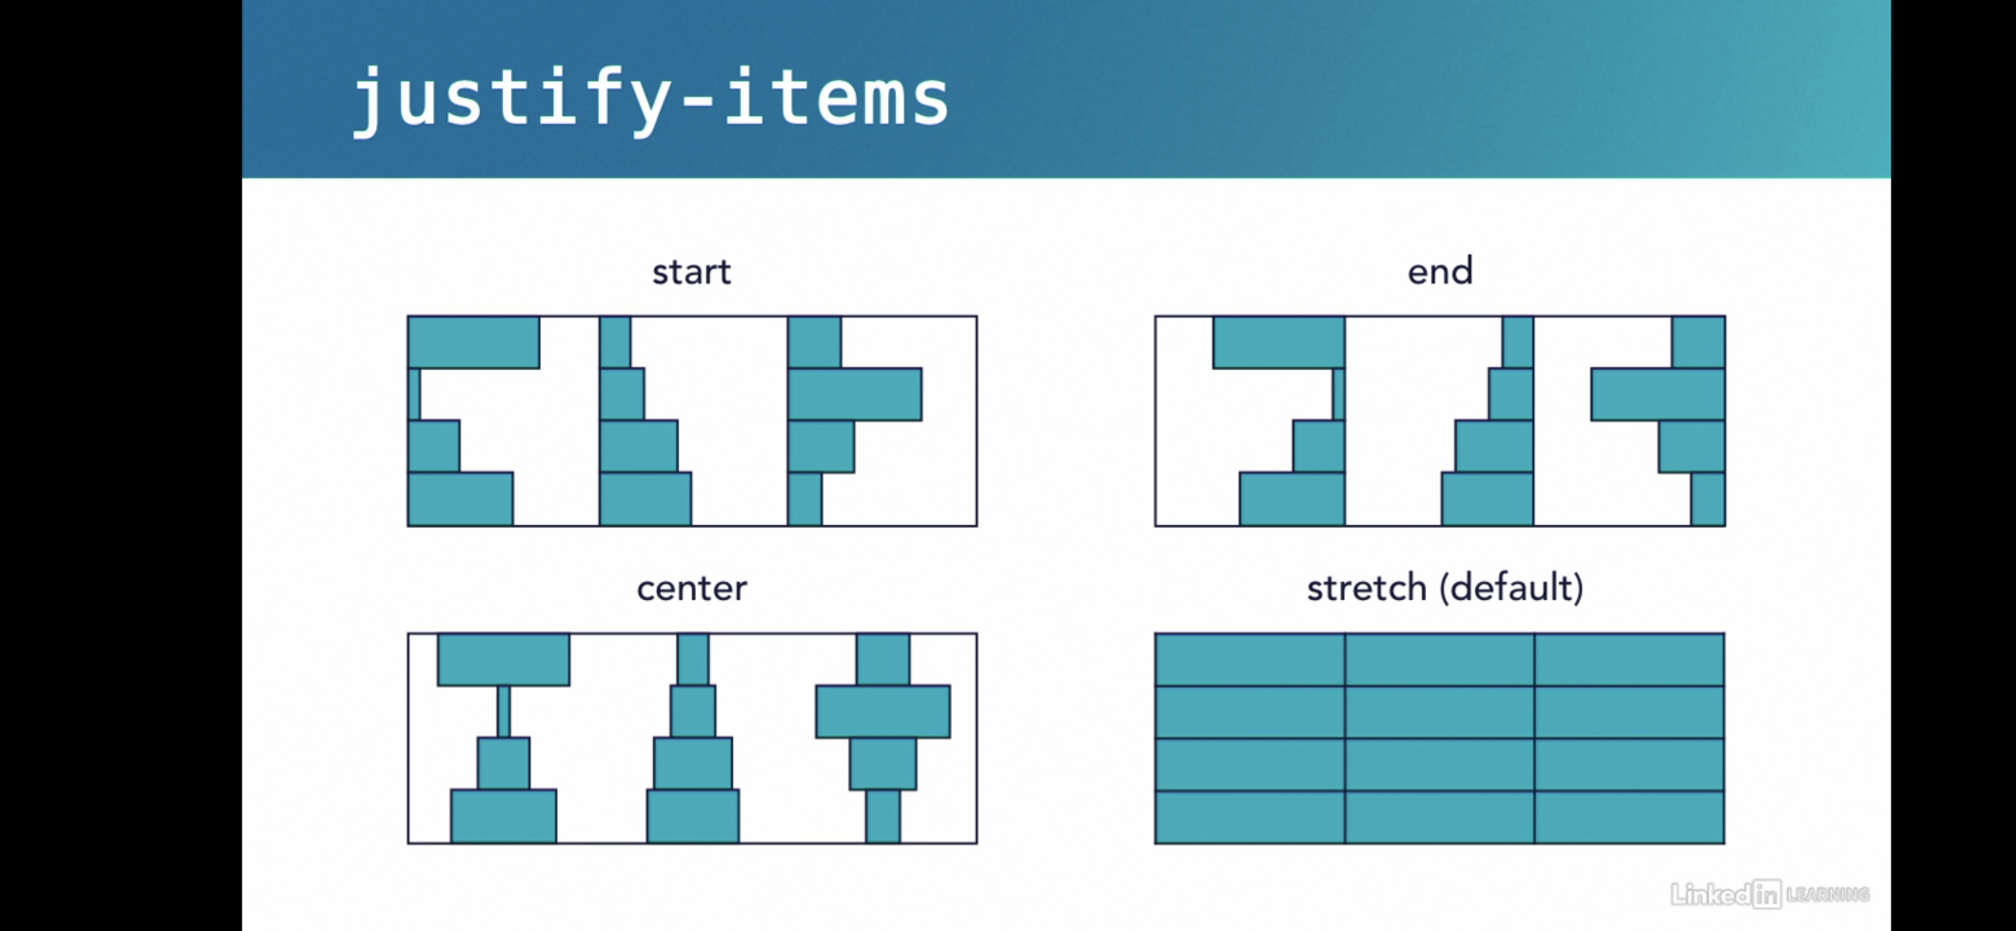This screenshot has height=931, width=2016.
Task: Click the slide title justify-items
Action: [650, 99]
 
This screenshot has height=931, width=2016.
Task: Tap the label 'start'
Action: [691, 272]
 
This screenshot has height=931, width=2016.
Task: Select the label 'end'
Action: [1440, 272]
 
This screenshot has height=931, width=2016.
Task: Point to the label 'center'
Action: [691, 589]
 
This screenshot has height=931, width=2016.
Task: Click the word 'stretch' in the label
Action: [1366, 589]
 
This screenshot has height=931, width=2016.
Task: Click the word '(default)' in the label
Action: [1512, 589]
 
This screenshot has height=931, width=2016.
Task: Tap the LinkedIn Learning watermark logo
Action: [1769, 894]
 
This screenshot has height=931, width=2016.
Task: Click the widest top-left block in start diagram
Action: [474, 342]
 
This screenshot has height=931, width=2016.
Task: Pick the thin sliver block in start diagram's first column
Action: [414, 395]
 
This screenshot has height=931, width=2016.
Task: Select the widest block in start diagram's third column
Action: [855, 395]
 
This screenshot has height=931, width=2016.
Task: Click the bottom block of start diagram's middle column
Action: [645, 499]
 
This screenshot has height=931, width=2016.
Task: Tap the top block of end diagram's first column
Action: [1279, 342]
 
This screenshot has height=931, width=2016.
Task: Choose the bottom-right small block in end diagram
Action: [1708, 499]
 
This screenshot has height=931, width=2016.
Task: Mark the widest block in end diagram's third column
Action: [1658, 395]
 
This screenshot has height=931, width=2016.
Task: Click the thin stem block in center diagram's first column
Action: [504, 711]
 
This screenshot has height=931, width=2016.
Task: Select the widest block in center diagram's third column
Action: [883, 711]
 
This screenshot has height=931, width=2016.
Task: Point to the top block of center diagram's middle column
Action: [693, 659]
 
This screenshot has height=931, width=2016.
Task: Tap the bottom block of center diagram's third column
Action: [883, 816]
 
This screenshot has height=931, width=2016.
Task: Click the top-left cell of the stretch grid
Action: [1249, 659]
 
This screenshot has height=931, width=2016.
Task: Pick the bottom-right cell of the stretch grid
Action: [1629, 816]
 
